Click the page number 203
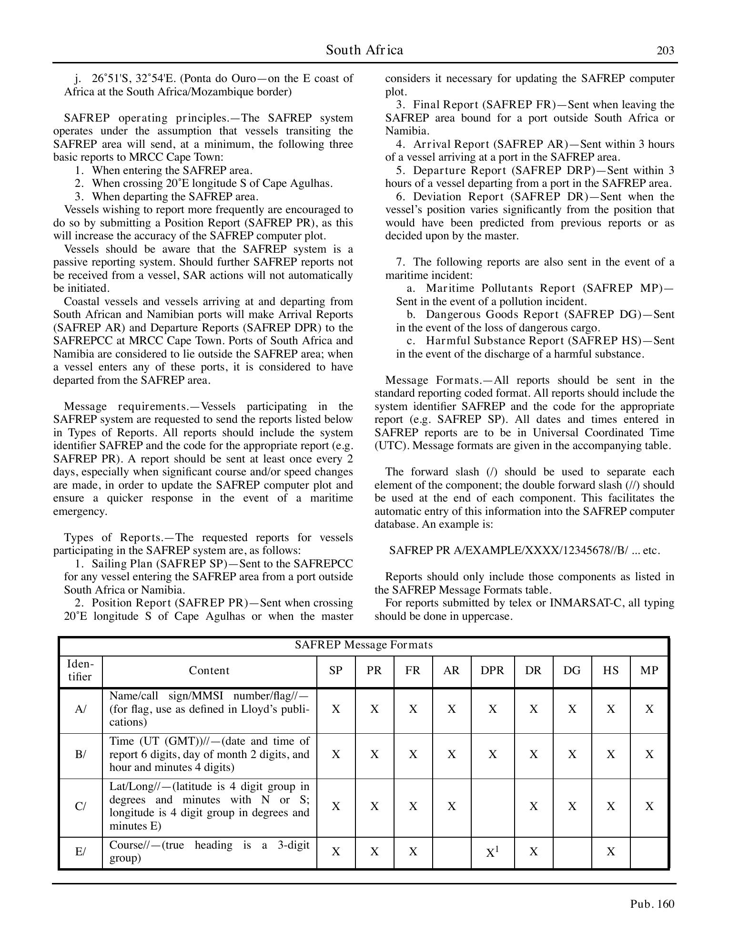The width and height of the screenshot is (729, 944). click(x=665, y=51)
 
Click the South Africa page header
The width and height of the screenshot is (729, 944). click(x=364, y=50)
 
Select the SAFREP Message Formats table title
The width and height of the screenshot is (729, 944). click(x=364, y=645)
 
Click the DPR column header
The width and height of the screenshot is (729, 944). click(x=492, y=670)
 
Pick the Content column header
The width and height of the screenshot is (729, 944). click(x=209, y=670)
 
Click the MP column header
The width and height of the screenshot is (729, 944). click(x=649, y=670)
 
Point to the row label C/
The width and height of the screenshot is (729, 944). click(x=81, y=806)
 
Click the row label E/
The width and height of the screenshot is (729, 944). click(x=81, y=852)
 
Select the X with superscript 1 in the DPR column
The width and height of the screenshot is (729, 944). click(x=492, y=852)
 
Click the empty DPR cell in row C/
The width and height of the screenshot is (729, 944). click(x=492, y=806)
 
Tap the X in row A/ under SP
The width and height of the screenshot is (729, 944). click(x=336, y=709)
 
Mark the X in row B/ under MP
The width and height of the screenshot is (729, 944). click(x=649, y=754)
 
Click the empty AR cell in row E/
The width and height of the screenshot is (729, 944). click(x=451, y=852)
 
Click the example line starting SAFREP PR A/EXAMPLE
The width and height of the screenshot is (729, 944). click(x=525, y=550)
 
